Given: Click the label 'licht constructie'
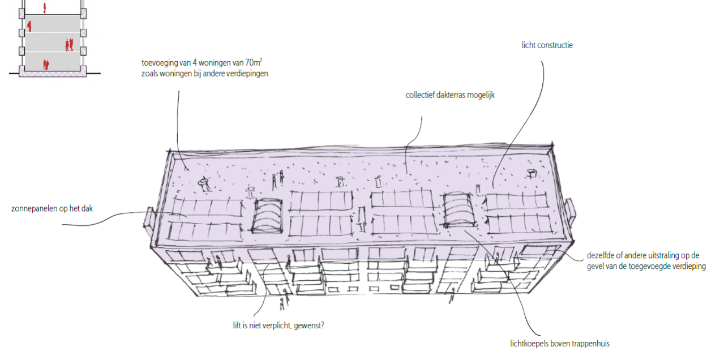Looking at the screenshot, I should (547, 45).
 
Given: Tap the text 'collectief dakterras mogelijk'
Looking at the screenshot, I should (450, 95).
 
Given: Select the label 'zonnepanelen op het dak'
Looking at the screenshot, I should (52, 209).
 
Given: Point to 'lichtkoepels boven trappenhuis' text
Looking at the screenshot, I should (559, 344).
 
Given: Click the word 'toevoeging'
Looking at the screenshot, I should (160, 63).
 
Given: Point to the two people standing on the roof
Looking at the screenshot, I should (277, 180).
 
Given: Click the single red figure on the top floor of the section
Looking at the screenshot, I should (44, 7).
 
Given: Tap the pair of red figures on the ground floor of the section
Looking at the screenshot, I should (46, 65).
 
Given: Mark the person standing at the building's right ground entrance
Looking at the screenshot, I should (453, 295).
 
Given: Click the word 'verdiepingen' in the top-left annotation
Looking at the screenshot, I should (246, 74).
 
